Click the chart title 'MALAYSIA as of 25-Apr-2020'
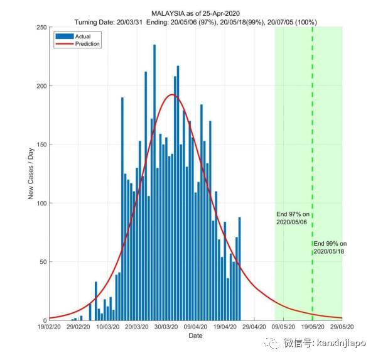pos(195,13)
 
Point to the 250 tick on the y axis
pos(40,28)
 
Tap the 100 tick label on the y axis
pos(40,204)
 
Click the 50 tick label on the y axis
pos(42,262)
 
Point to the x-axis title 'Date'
pos(195,336)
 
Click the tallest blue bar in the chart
pos(154,182)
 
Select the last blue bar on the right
pos(239,269)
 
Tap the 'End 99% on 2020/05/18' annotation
pos(330,247)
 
